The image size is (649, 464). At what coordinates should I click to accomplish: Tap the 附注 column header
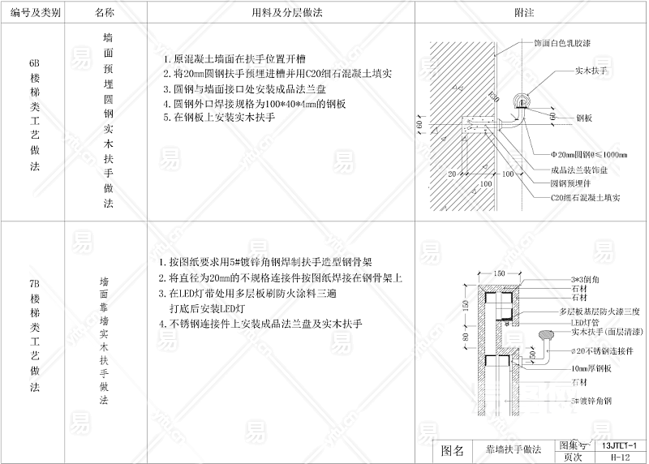click(x=524, y=14)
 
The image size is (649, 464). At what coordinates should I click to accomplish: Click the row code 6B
click(x=33, y=62)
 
